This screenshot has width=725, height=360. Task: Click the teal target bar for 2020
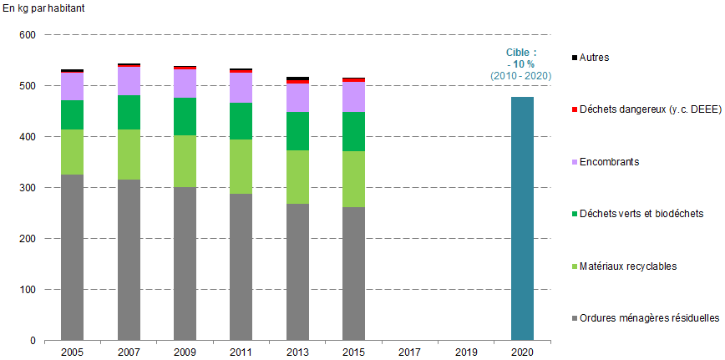pyautogui.click(x=522, y=219)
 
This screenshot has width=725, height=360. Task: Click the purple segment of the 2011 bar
pyautogui.click(x=241, y=88)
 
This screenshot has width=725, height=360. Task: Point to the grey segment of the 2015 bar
pyautogui.click(x=354, y=280)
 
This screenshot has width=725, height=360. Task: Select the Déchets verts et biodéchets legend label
pyautogui.click(x=636, y=213)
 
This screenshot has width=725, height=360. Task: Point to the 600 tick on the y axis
pyautogui.click(x=27, y=35)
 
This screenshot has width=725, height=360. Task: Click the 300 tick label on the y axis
pyautogui.click(x=27, y=188)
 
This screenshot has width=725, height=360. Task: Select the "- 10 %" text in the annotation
pyautogui.click(x=522, y=64)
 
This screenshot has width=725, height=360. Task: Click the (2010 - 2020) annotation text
pyautogui.click(x=521, y=76)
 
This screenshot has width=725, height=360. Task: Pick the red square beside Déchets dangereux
pyautogui.click(x=574, y=109)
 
